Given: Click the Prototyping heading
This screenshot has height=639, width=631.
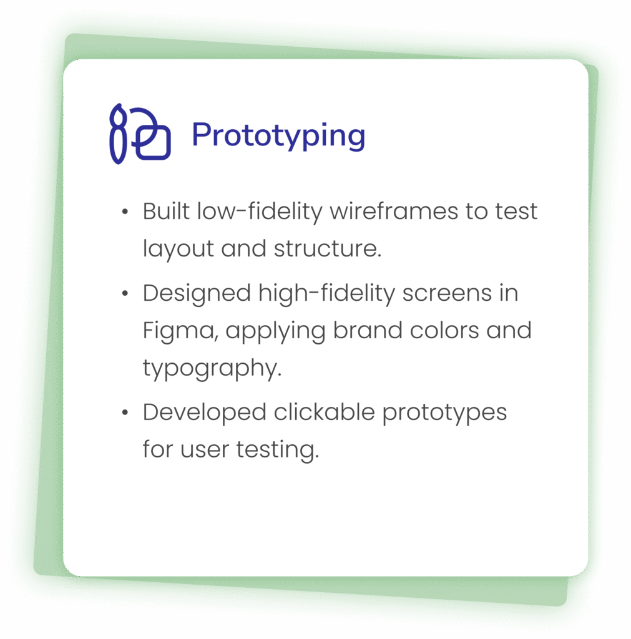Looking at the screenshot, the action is [x=278, y=135].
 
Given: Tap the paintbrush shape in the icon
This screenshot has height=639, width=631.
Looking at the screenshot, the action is [x=118, y=134].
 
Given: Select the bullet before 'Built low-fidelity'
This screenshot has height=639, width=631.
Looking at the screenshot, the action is [x=125, y=212].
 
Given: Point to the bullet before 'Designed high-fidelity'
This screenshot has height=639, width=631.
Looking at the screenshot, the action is [x=125, y=293].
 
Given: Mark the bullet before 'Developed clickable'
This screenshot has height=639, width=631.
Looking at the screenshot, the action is [x=125, y=412].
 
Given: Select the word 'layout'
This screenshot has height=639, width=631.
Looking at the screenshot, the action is [x=178, y=249].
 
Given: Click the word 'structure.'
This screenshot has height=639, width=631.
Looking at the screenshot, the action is [x=328, y=249].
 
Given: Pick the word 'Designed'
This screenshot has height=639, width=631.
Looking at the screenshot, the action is [x=197, y=293].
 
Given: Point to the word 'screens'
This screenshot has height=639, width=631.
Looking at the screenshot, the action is [x=447, y=293].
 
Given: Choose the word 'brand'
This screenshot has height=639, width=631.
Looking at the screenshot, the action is [x=368, y=329].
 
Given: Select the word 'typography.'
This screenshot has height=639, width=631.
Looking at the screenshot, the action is [x=212, y=368].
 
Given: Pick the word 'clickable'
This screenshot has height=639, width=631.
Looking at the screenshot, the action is [x=324, y=412].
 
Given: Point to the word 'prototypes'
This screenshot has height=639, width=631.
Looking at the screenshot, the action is [x=444, y=413].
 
